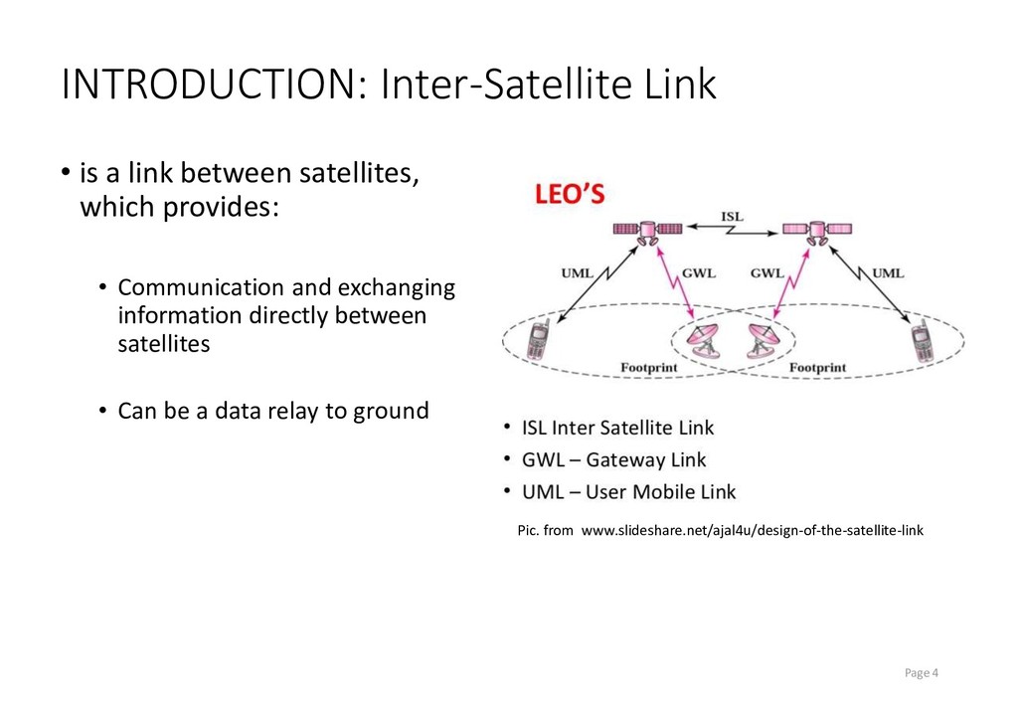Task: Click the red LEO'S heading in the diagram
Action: pos(570,195)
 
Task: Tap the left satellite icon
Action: pos(647,231)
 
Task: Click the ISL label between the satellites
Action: pos(732,215)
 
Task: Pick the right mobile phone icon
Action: pos(924,342)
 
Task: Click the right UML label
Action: pos(888,272)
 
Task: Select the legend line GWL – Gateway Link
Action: pos(613,459)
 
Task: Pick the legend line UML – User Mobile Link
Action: pos(628,491)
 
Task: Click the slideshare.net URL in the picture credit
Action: pos(752,530)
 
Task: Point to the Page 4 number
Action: pos(922,673)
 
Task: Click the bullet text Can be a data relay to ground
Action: pos(273,410)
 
